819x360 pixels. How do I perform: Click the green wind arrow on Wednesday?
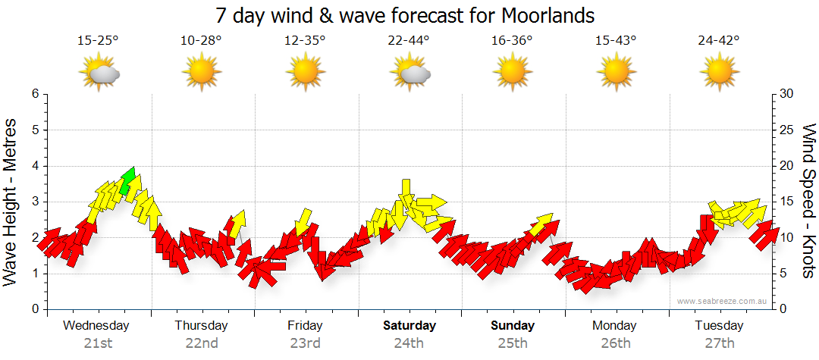click(x=127, y=180)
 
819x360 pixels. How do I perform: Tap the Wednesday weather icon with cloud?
click(x=99, y=74)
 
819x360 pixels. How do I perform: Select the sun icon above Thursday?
click(x=201, y=74)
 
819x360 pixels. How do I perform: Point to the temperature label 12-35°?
click(x=305, y=41)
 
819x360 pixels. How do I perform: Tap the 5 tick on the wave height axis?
click(x=34, y=130)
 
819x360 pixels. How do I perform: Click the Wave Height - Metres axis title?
click(x=11, y=202)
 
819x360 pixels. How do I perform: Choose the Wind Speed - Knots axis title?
click(x=808, y=202)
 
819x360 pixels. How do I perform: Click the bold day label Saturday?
click(x=409, y=326)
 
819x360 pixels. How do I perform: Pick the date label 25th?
click(x=513, y=343)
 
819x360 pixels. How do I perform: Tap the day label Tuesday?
click(x=719, y=326)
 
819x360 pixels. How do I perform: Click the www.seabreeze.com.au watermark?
click(x=723, y=301)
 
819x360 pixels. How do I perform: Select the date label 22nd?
click(x=201, y=343)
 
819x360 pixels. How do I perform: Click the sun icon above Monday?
click(x=615, y=74)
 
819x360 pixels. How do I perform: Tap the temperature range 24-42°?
click(x=719, y=41)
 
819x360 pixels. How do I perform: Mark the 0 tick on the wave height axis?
click(x=34, y=309)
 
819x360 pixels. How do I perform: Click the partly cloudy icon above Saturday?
click(x=410, y=74)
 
